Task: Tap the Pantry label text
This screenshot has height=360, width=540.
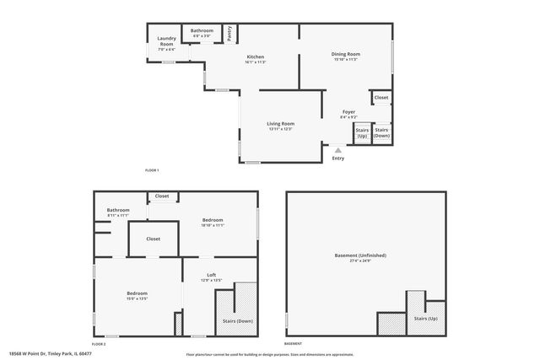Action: point(229,33)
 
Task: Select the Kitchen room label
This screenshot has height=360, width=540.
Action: point(255,59)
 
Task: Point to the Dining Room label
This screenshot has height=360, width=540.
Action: point(345,56)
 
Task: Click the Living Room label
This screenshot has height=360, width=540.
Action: point(280,126)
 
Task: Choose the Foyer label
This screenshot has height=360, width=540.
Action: point(349,114)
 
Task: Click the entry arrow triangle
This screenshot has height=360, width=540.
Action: point(337,150)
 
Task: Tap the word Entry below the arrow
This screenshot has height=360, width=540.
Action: point(338,159)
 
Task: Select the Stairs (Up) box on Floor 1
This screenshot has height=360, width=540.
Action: point(362,133)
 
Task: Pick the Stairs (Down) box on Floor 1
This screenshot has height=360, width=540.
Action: point(382,132)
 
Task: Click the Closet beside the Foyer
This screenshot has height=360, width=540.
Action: point(381,98)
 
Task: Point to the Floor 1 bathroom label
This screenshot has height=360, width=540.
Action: point(202,33)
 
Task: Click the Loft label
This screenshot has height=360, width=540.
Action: point(212,277)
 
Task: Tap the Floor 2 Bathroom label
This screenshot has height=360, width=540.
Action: point(118,212)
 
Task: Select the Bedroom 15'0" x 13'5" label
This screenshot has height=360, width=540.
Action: point(137,296)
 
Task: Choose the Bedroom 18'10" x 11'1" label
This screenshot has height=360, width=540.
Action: point(212,223)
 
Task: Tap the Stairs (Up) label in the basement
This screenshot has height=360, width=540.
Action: point(426,319)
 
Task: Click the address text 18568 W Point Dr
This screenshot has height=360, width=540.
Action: point(50,353)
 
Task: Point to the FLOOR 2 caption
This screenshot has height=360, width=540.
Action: point(99,344)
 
